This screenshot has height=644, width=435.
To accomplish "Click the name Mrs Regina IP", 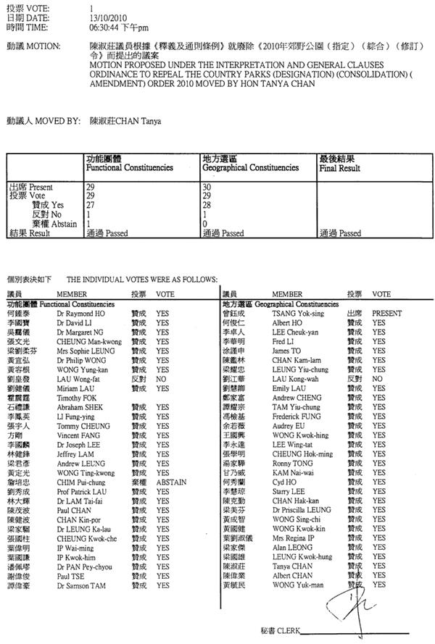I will [293, 538].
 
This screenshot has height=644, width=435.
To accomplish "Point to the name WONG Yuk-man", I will [298, 585].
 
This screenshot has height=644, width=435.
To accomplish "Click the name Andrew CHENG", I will [297, 398].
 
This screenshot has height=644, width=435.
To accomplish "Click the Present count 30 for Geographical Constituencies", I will [207, 187].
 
